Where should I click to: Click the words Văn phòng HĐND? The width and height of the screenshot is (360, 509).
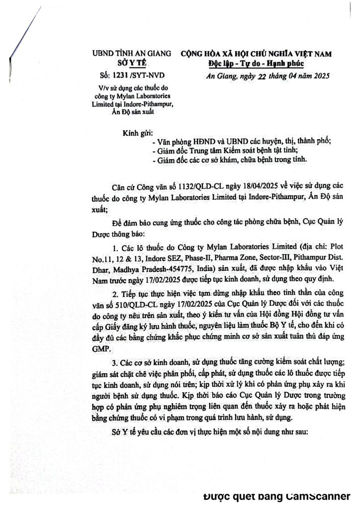(182, 141)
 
